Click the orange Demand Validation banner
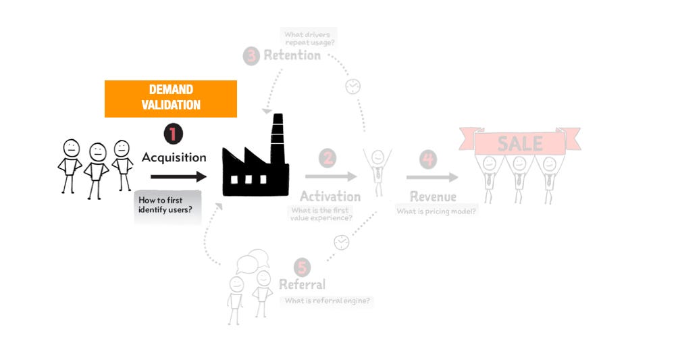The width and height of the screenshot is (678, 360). pos(171,98)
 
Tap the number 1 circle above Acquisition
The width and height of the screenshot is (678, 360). pos(173,134)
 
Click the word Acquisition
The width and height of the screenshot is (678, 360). pos(174,157)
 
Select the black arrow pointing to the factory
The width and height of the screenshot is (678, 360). pos(178,177)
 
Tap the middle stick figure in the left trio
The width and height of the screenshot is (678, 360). pos(98,169)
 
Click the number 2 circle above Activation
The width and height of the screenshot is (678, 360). pos(328,159)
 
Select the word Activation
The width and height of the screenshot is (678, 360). pos(330,197)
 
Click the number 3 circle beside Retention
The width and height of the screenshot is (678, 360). pos(251,55)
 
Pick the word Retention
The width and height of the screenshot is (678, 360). pos(292,55)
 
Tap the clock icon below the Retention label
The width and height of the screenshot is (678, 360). pos(353,86)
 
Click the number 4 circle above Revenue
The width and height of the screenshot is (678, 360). pos(427,159)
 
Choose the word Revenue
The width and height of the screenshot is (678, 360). pos(433,197)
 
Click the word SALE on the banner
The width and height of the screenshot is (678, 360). pos(519,143)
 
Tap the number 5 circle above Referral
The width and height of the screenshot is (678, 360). pos(303,267)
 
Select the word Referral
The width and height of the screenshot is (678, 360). pos(302,284)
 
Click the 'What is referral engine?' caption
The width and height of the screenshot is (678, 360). pos(327,301)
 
